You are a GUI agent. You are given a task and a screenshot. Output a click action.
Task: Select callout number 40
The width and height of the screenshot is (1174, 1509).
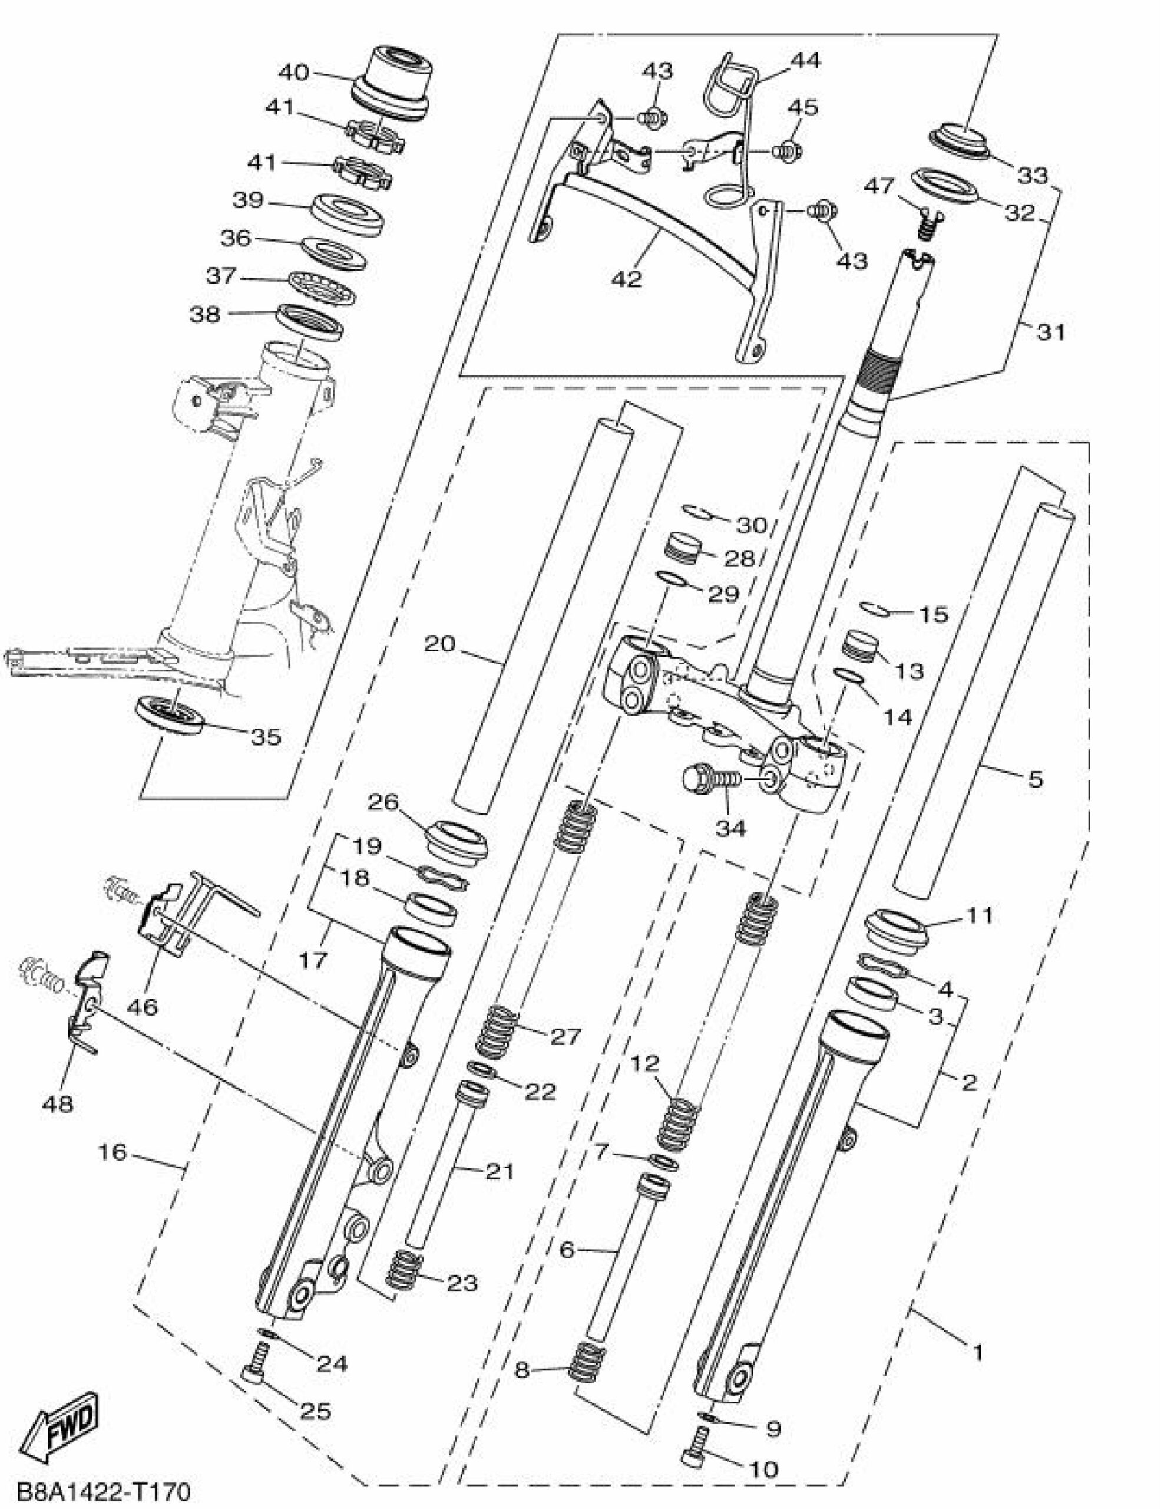pos(293,71)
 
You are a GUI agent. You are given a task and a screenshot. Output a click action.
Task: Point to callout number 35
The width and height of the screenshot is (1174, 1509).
pos(266,737)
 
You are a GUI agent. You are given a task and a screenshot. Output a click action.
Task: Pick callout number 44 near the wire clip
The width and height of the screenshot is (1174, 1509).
pos(805,61)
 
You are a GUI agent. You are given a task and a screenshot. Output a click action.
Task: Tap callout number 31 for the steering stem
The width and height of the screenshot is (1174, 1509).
pos(1051,332)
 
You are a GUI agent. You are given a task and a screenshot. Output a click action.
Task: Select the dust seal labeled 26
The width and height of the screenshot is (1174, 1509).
pos(457,842)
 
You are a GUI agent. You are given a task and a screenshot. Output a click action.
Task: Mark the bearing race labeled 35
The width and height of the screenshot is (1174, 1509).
pos(169,714)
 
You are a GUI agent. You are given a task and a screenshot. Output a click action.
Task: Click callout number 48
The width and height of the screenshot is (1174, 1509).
pos(57,1104)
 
